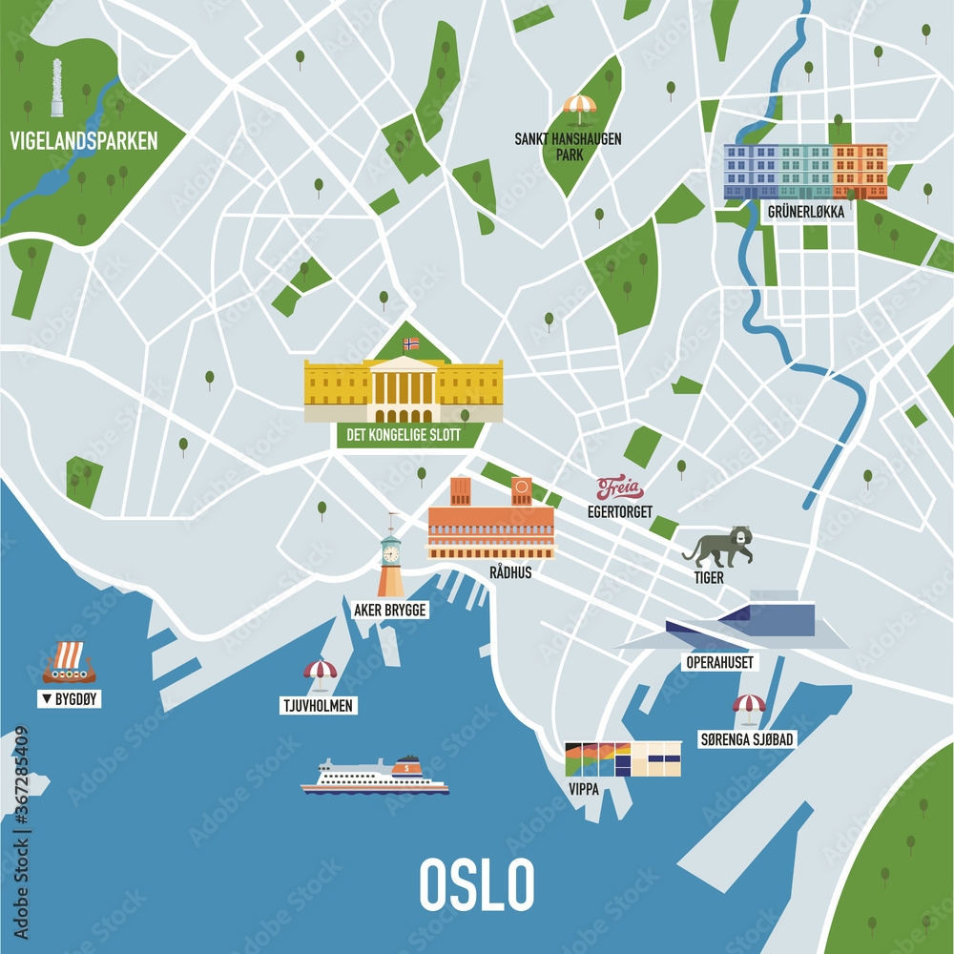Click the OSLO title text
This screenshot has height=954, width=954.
(476, 884)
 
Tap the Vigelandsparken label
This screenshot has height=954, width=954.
(83, 142)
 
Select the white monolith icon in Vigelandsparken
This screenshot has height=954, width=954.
(57, 88)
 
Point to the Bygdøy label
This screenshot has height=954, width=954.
(70, 699)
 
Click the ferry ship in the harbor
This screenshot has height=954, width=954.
(375, 777)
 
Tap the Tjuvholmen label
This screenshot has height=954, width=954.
(319, 706)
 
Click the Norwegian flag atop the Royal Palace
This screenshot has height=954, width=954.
(411, 343)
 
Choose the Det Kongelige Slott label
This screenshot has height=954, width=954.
(398, 436)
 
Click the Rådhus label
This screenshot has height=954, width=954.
(509, 572)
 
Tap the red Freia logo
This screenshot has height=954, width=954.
(620, 489)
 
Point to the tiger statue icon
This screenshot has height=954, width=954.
(717, 547)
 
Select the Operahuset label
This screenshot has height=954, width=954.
(719, 662)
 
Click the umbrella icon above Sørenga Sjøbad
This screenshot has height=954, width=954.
(749, 707)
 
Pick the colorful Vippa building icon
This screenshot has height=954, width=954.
(623, 759)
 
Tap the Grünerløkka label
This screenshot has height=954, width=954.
(805, 213)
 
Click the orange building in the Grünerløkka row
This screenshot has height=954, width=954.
(860, 170)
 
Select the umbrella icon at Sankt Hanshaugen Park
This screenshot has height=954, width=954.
(579, 107)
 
